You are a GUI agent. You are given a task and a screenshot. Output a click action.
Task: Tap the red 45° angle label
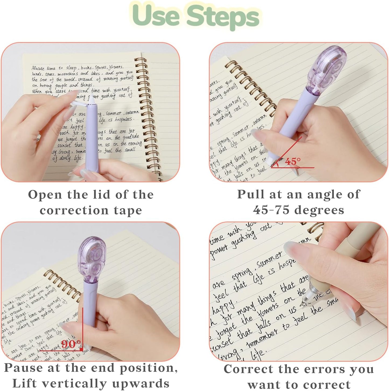(292, 161)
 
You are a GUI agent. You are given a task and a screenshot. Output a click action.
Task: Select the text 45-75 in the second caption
(272, 210)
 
